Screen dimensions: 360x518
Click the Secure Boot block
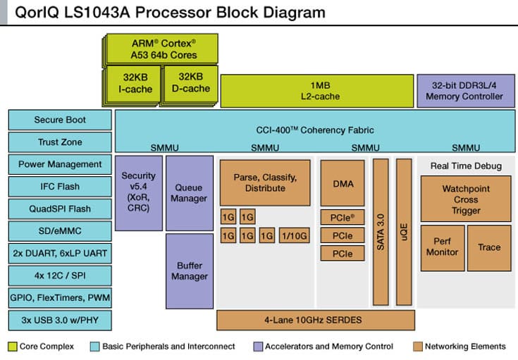tap(59, 120)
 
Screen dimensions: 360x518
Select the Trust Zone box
tap(59, 142)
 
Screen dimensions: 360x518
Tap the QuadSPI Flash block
tap(59, 209)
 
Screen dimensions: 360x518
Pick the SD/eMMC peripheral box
tap(59, 231)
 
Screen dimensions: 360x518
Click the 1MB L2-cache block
tap(316, 91)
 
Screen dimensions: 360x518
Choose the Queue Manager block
tap(190, 193)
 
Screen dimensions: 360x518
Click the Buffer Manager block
tap(190, 271)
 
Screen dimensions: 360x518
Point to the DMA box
tap(343, 183)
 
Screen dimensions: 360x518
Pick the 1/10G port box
tap(294, 236)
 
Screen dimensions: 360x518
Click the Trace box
tap(488, 247)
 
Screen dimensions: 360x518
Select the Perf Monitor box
tap(442, 247)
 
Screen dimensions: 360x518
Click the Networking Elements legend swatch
tap(417, 347)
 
